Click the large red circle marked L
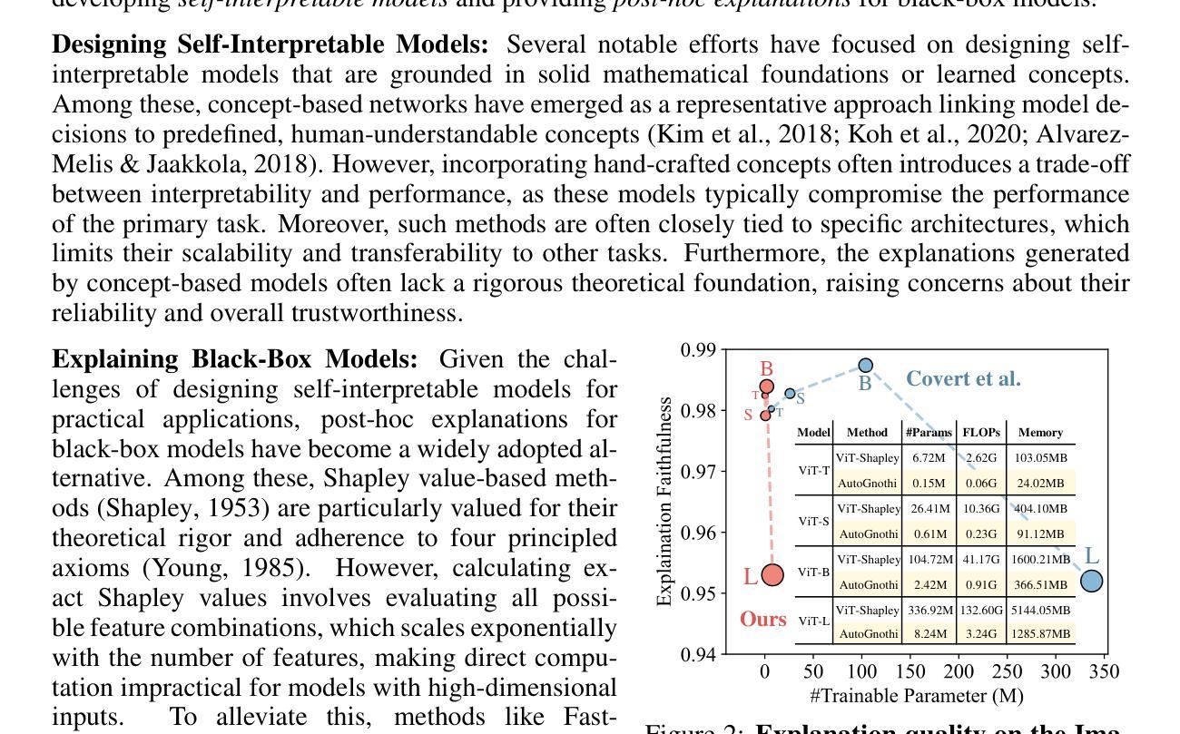click(772, 574)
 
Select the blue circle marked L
click(1092, 581)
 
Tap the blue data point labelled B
click(866, 366)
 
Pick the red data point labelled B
click(766, 387)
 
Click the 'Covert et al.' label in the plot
click(963, 379)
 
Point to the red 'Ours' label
click(763, 619)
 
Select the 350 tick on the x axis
click(1104, 672)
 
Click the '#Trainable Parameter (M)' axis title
click(917, 696)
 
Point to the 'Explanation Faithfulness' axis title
click(664, 501)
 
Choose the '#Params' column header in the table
click(929, 433)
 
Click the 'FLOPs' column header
click(980, 433)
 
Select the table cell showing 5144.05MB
click(1040, 611)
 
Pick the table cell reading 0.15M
click(929, 484)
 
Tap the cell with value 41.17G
click(980, 560)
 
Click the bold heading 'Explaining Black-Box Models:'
click(234, 359)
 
